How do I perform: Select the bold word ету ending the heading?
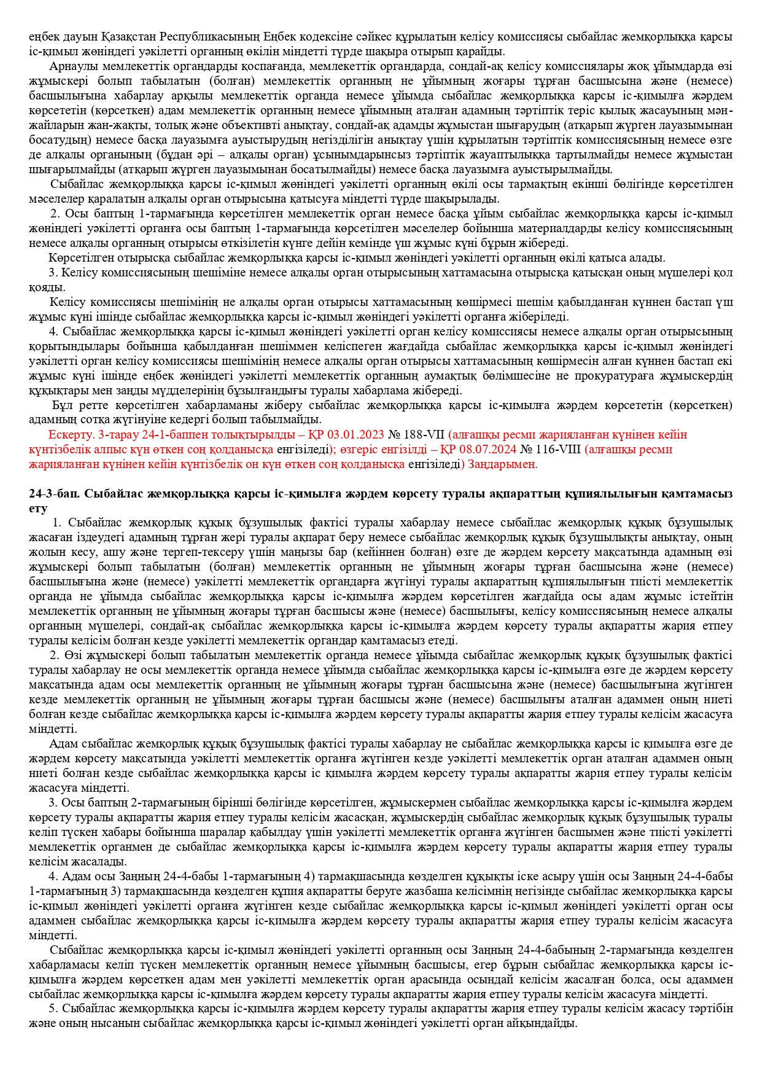click(x=38, y=509)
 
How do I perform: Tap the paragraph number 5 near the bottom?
click(x=53, y=1009)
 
